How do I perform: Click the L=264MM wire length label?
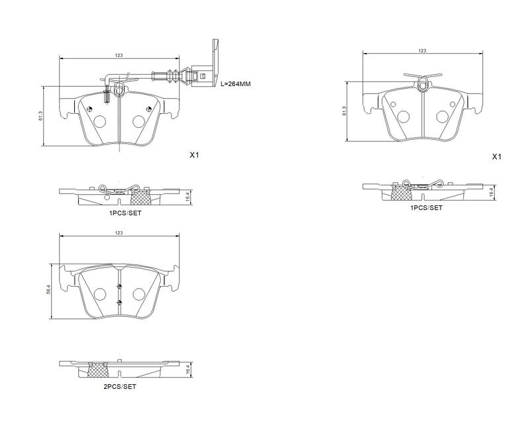[x=236, y=84]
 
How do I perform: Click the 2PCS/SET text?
[x=120, y=387]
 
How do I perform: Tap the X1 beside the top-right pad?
[x=496, y=157]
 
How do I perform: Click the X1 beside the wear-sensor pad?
[x=194, y=155]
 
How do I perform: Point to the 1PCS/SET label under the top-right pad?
[x=426, y=208]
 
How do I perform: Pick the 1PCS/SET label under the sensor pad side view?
[x=125, y=213]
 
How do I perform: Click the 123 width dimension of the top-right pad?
[x=422, y=51]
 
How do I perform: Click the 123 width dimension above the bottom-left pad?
[x=119, y=233]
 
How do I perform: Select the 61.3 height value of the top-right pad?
[x=344, y=111]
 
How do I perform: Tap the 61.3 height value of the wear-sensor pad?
[x=40, y=116]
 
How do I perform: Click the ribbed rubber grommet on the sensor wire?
[x=172, y=76]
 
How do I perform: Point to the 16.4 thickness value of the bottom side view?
[x=189, y=370]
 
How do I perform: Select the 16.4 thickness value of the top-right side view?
[x=492, y=193]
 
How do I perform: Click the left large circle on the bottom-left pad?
[x=100, y=294]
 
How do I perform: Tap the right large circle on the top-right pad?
[x=442, y=117]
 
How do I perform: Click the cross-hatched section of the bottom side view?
[x=97, y=370]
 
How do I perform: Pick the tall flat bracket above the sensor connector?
[x=215, y=62]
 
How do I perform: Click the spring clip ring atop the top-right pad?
[x=422, y=85]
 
